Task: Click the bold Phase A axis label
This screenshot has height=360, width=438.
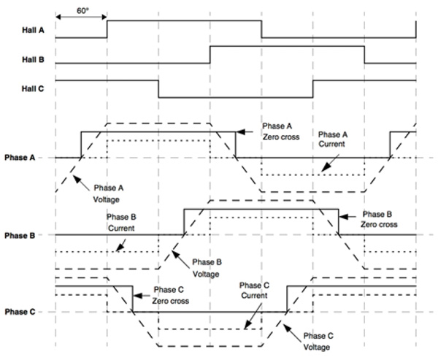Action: tap(23, 157)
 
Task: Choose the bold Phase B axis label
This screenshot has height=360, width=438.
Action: tap(23, 235)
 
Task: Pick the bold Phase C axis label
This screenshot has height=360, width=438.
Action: tap(23, 312)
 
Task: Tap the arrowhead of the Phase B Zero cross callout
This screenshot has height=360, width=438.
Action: tap(344, 215)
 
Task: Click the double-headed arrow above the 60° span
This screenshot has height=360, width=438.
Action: tap(81, 20)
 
